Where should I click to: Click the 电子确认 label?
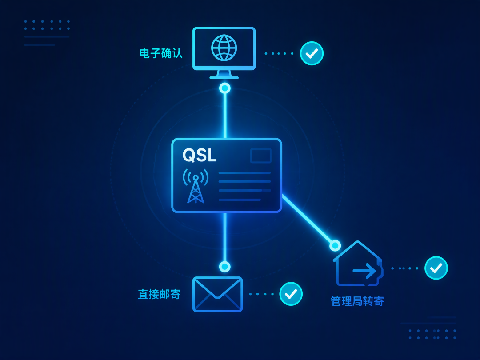pyautogui.click(x=161, y=53)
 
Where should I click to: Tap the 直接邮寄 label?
pyautogui.click(x=159, y=294)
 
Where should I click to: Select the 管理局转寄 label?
pyautogui.click(x=357, y=301)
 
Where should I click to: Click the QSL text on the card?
pyautogui.click(x=200, y=155)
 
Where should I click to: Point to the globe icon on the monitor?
pyautogui.click(x=224, y=48)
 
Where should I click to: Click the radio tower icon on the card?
pyautogui.click(x=196, y=186)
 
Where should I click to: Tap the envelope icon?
pyautogui.click(x=218, y=294)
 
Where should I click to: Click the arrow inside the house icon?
pyautogui.click(x=364, y=271)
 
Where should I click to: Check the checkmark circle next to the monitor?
pyautogui.click(x=312, y=54)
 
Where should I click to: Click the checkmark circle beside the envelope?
pyautogui.click(x=291, y=294)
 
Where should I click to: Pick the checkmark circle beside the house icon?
pyautogui.click(x=436, y=268)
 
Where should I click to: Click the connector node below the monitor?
pyautogui.click(x=225, y=88)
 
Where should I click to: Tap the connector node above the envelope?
pyautogui.click(x=225, y=267)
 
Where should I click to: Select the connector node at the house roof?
pyautogui.click(x=335, y=245)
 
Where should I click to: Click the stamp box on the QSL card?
pyautogui.click(x=261, y=156)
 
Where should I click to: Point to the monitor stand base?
pyautogui.click(x=224, y=77)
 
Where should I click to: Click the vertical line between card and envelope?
pyautogui.click(x=225, y=237)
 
